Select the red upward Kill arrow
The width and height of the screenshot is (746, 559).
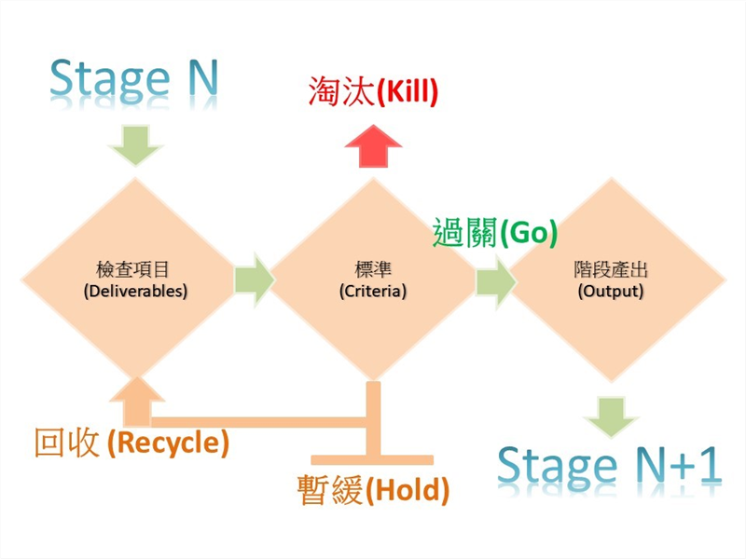[x=373, y=147]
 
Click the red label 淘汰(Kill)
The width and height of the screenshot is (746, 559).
[x=372, y=92]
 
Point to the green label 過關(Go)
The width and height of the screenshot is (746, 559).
[x=495, y=233]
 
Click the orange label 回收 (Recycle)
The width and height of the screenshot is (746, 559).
[x=131, y=443]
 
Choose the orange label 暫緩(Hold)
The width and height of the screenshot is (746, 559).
[x=373, y=489]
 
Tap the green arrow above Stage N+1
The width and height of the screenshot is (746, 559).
[x=611, y=416]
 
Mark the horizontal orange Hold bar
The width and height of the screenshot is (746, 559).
[x=372, y=459]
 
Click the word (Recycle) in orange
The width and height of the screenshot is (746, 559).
[x=169, y=443]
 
